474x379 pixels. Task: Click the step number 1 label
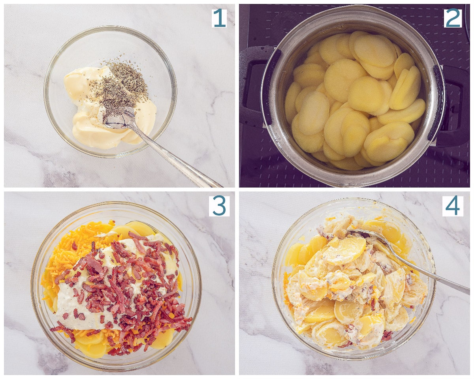(x=219, y=18)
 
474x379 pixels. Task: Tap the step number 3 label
(x=219, y=206)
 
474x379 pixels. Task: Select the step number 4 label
(x=453, y=206)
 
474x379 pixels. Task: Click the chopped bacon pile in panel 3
(x=123, y=293)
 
